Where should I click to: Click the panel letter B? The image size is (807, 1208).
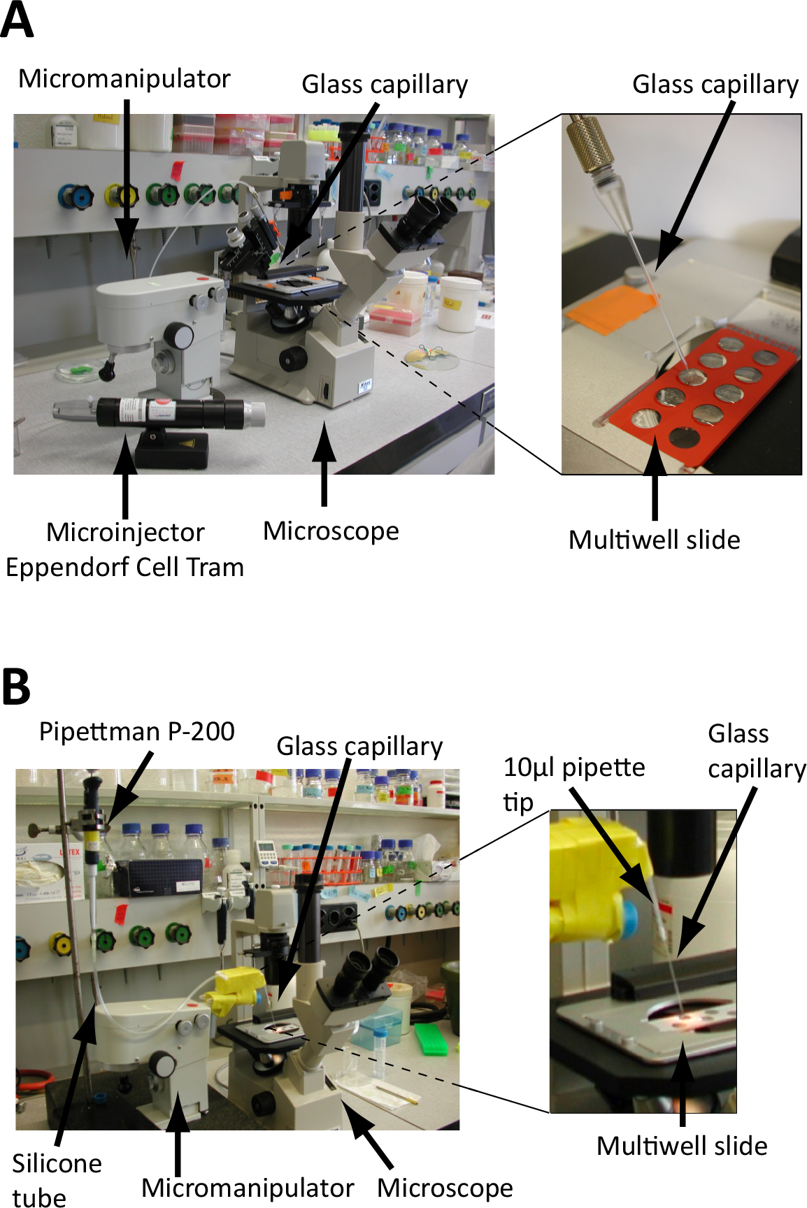(x=16, y=686)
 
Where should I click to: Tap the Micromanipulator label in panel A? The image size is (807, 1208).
(x=124, y=79)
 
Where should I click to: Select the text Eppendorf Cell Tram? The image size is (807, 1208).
(x=125, y=567)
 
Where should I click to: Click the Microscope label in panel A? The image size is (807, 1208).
(x=331, y=531)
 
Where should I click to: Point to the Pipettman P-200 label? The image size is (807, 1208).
(x=136, y=732)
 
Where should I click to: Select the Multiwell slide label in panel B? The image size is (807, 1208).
(x=682, y=1146)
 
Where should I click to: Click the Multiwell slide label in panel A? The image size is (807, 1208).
(x=654, y=540)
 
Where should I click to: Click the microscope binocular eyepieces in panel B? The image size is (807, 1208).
(x=363, y=969)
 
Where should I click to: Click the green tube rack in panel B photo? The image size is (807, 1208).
(x=431, y=1039)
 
